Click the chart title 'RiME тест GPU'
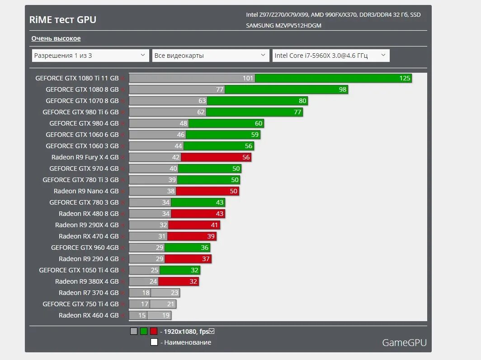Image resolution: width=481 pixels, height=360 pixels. pyautogui.click(x=62, y=19)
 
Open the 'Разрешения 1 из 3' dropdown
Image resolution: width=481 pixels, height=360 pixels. pyautogui.click(x=90, y=56)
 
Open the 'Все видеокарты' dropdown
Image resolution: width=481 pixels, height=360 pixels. pyautogui.click(x=211, y=56)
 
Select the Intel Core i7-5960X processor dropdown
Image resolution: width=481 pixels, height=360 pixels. pyautogui.click(x=330, y=56)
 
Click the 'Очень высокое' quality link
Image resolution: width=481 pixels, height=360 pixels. pyautogui.click(x=56, y=38)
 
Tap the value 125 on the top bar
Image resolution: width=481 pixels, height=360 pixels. pyautogui.click(x=405, y=78)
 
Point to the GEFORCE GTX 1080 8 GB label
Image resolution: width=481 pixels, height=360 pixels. pyautogui.click(x=82, y=89)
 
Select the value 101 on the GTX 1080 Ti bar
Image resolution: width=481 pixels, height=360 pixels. pyautogui.click(x=248, y=78)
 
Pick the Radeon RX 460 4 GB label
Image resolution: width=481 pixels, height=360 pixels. pyautogui.click(x=89, y=315)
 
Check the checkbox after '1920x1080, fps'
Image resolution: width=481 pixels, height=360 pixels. pyautogui.click(x=212, y=331)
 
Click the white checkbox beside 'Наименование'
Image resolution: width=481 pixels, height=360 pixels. pyautogui.click(x=154, y=342)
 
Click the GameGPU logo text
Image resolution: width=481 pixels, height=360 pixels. pyautogui.click(x=404, y=342)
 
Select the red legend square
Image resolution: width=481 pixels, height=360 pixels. pyautogui.click(x=154, y=331)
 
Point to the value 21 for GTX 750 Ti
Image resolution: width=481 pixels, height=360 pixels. pyautogui.click(x=170, y=304)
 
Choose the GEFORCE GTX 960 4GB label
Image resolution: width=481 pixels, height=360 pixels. pyautogui.click(x=85, y=248)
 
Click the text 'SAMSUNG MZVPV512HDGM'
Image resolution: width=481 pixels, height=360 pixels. pyautogui.click(x=283, y=26)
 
